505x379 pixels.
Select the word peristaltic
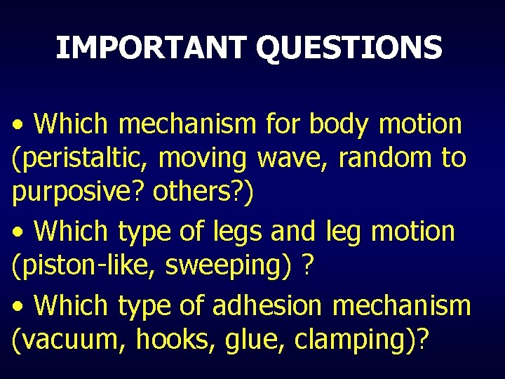tap(80, 159)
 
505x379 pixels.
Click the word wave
tap(293, 159)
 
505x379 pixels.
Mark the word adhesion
tap(260, 305)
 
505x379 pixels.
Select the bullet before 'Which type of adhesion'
tap(19, 307)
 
